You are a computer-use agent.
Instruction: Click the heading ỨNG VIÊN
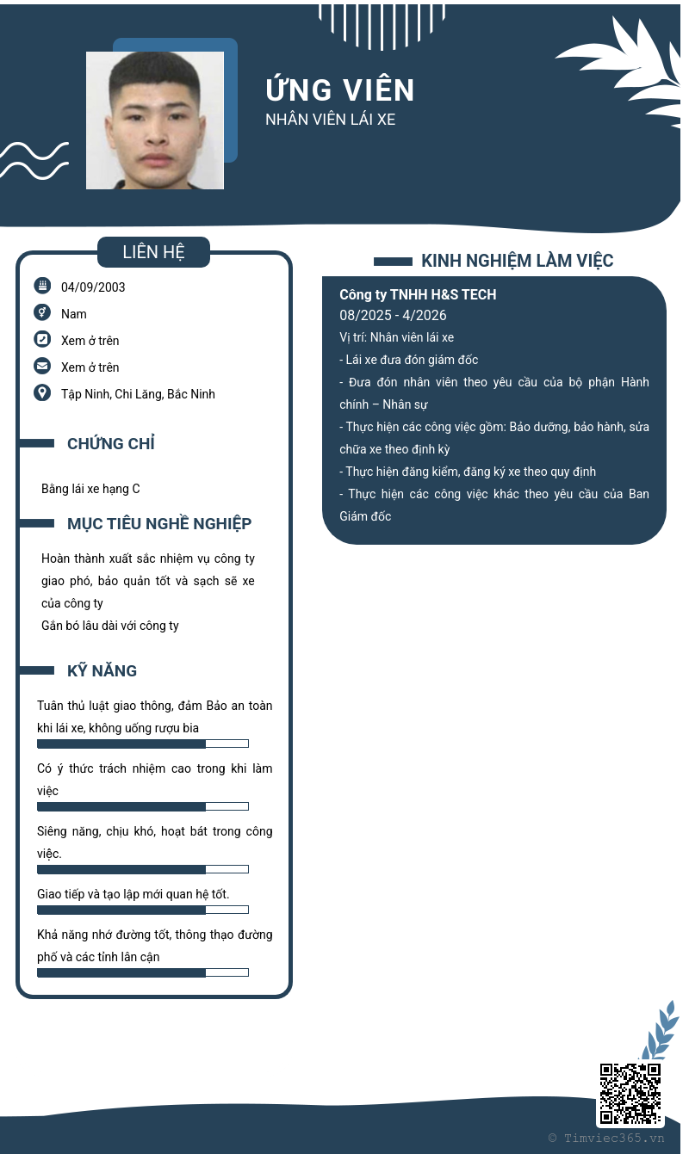click(340, 90)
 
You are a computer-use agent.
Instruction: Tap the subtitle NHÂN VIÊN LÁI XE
click(330, 120)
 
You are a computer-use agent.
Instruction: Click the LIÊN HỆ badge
click(153, 252)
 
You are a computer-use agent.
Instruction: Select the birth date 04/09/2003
click(93, 287)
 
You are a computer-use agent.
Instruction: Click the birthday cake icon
click(42, 286)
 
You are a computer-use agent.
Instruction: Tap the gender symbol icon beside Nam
click(42, 312)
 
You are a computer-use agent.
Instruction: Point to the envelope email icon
click(42, 366)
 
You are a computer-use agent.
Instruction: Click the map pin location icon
click(42, 392)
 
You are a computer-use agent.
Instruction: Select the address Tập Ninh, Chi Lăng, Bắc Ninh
click(138, 394)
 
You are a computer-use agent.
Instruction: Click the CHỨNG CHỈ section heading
click(111, 444)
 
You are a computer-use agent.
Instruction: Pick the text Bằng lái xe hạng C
click(90, 489)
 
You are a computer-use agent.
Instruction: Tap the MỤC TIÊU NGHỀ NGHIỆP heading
click(159, 524)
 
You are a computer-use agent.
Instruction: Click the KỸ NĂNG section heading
click(102, 671)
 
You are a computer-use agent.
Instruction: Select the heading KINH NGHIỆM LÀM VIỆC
click(517, 261)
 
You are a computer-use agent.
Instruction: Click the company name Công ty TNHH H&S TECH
click(418, 294)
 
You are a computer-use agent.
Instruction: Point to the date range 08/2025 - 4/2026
click(393, 316)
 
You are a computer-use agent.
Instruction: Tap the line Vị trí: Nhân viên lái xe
click(396, 337)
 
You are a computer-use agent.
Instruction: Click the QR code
click(630, 1094)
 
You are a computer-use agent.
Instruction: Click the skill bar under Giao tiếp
click(143, 910)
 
